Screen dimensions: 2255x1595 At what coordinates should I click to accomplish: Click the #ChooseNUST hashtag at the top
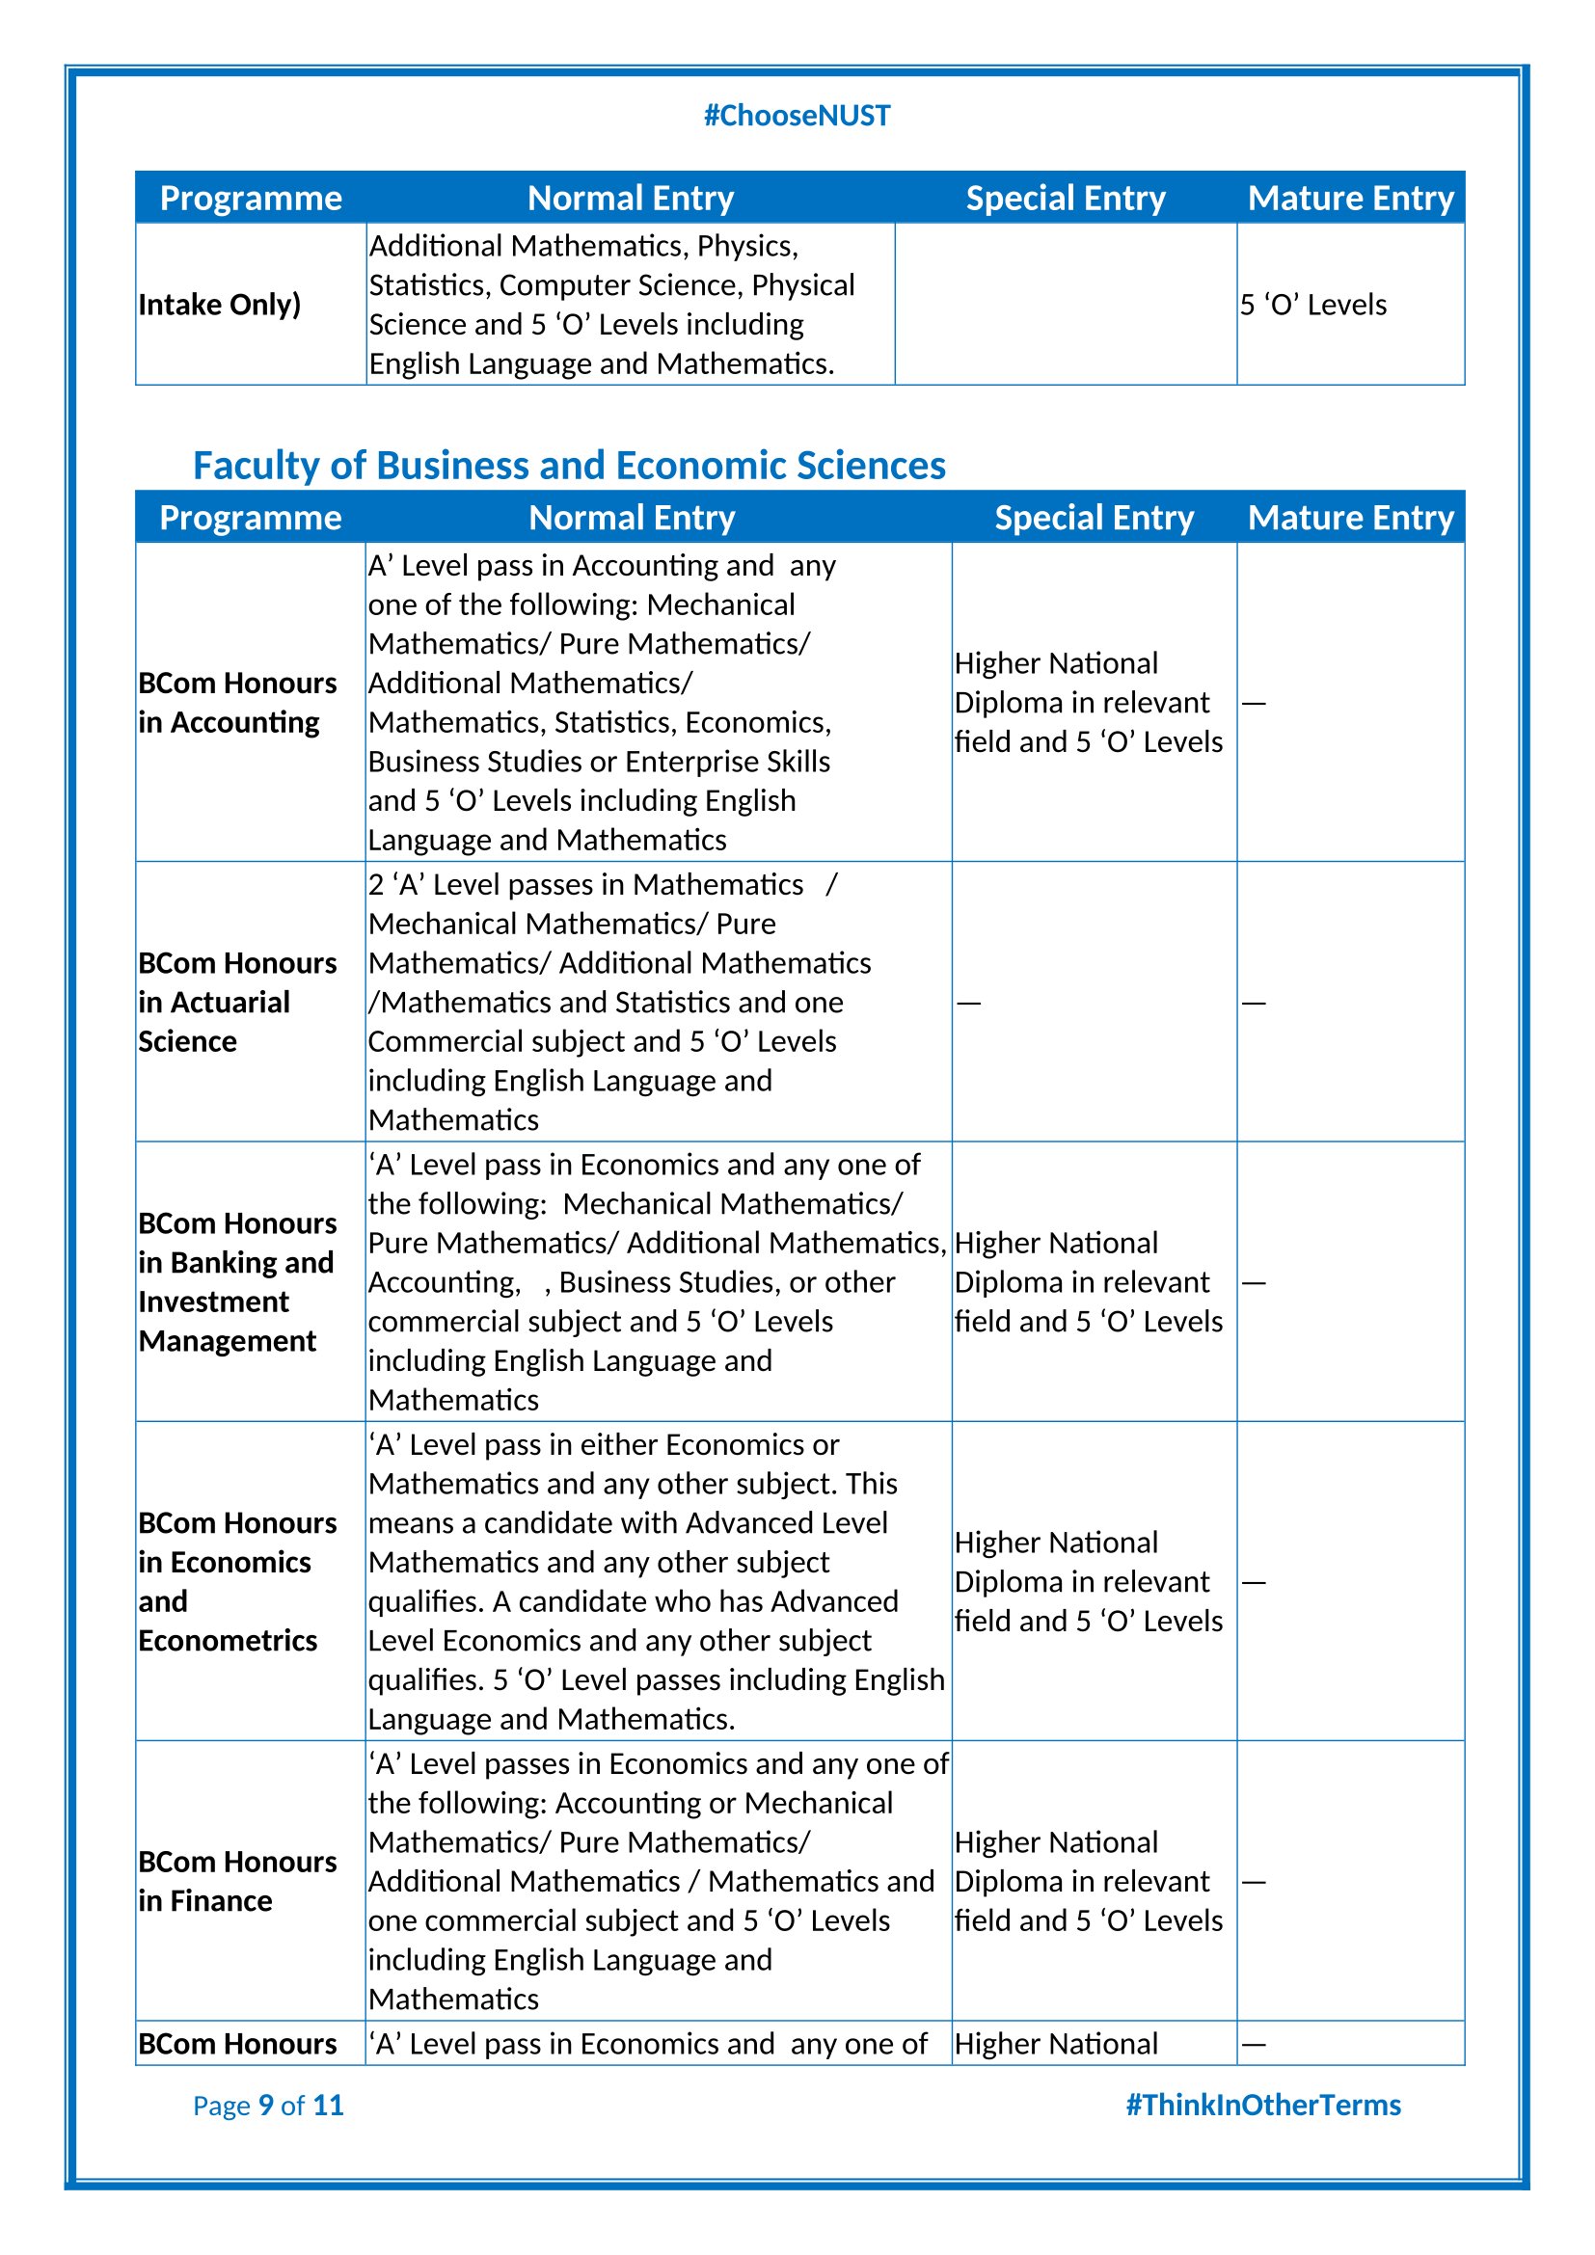(797, 116)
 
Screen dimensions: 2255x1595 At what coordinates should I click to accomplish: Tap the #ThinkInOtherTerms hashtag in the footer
(1262, 2105)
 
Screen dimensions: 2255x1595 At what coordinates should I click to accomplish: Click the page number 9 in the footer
(265, 2105)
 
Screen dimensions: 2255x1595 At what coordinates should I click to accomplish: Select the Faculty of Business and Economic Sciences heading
(569, 466)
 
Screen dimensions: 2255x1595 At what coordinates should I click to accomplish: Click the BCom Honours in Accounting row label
(236, 702)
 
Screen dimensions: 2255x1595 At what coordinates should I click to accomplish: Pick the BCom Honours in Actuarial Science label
(236, 1002)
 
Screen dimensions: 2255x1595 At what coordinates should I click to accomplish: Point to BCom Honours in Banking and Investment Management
(236, 1281)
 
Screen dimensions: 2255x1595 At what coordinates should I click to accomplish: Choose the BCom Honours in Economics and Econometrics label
(236, 1581)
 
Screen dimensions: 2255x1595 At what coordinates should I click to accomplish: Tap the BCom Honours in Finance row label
(236, 1881)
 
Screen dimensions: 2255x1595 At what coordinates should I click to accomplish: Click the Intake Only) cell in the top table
(219, 305)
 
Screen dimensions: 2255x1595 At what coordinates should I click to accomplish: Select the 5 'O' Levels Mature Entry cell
(1313, 305)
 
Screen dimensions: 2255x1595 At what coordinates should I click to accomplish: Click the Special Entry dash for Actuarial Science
(968, 1003)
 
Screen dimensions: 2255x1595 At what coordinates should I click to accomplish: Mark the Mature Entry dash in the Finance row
(1254, 1882)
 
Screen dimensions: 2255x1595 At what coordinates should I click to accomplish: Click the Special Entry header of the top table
(1066, 199)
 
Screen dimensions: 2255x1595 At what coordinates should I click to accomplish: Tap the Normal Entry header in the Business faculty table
(632, 518)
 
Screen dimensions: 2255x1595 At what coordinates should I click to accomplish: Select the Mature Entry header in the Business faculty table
(1350, 518)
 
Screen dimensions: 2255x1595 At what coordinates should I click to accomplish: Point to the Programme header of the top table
(251, 199)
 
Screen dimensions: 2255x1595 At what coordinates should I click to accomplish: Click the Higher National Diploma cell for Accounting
(1088, 702)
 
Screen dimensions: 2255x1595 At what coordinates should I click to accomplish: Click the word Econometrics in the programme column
(228, 1640)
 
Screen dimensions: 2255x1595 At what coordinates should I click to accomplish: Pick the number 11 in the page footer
(328, 2105)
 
